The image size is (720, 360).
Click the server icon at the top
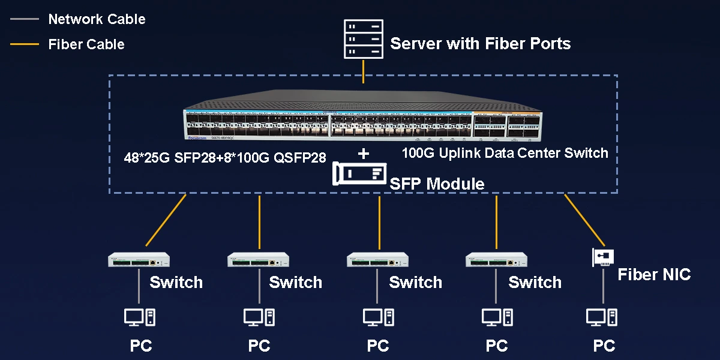tap(363, 39)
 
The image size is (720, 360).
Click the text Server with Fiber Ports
tap(480, 43)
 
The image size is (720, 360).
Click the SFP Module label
tap(437, 184)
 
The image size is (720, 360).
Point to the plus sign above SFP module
tap(364, 154)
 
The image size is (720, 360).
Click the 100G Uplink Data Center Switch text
tap(505, 153)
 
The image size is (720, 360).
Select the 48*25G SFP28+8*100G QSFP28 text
tap(225, 158)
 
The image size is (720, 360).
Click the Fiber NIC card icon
tap(603, 257)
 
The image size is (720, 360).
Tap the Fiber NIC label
tap(654, 275)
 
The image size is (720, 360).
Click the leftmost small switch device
tap(139, 260)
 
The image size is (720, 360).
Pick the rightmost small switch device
tap(497, 260)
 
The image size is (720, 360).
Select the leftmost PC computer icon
tap(140, 317)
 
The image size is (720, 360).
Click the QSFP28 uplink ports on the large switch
tap(507, 127)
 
